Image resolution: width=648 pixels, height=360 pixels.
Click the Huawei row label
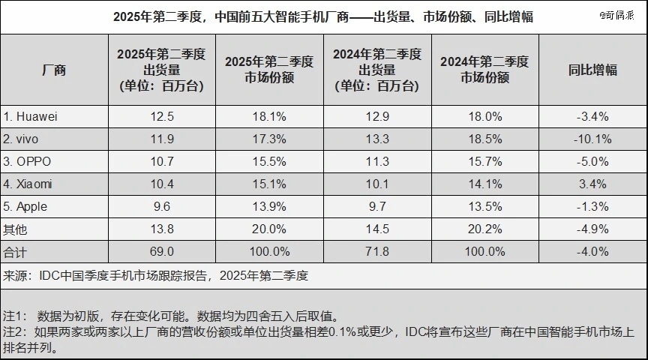[31, 116]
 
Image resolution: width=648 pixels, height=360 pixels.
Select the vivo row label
[22, 139]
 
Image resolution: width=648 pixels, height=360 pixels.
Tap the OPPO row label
[26, 161]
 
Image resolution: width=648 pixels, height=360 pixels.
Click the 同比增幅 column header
[592, 70]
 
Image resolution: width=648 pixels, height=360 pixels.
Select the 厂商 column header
[54, 70]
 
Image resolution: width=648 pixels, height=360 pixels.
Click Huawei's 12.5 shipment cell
[162, 116]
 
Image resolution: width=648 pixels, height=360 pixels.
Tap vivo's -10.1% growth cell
[592, 139]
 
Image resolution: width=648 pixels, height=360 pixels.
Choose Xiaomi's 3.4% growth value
[592, 183]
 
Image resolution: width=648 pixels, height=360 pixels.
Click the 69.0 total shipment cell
[162, 250]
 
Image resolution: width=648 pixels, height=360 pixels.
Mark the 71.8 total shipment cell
[378, 250]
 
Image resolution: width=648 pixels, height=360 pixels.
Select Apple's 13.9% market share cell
[268, 205]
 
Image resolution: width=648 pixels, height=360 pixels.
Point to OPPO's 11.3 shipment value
[378, 161]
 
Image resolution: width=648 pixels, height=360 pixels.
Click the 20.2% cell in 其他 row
[484, 228]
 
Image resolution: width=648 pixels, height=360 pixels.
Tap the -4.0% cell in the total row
[592, 250]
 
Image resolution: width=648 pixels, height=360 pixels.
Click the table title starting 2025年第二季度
[323, 16]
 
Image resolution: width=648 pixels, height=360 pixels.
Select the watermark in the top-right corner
[620, 14]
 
